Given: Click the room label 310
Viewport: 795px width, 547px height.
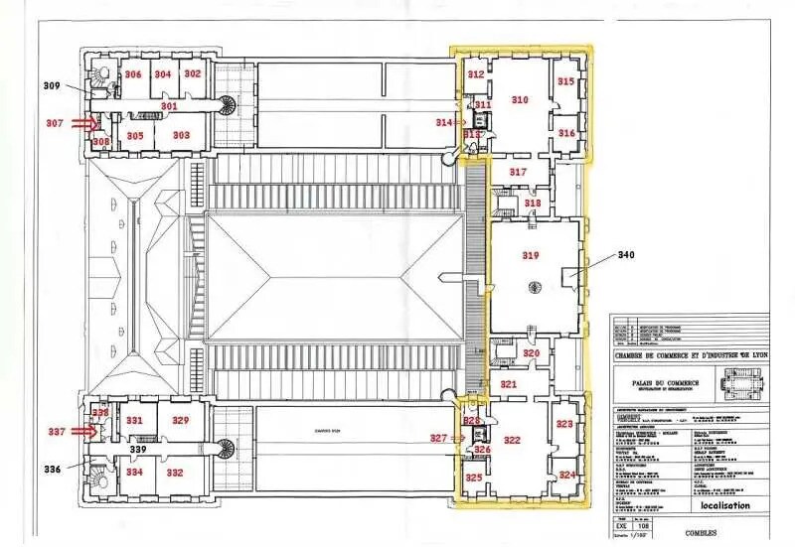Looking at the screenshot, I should (x=519, y=99).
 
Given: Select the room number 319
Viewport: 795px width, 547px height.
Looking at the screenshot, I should (x=531, y=256).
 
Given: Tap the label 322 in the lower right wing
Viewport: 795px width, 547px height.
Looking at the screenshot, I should (x=512, y=440).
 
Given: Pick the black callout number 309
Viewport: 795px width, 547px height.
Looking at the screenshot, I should (x=52, y=86).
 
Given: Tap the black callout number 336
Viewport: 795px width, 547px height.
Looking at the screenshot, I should (x=52, y=469).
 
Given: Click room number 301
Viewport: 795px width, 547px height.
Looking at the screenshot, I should (x=169, y=105).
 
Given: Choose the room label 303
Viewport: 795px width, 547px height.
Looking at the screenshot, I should (x=181, y=135).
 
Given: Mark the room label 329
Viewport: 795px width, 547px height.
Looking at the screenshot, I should (x=180, y=421).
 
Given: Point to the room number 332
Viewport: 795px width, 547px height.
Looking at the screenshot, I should (x=175, y=473).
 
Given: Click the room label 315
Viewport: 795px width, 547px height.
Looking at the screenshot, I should (x=565, y=81).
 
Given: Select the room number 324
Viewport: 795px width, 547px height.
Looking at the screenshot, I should (x=566, y=476).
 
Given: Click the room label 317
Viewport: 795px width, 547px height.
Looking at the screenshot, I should (x=518, y=173).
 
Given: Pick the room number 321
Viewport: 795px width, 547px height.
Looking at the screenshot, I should (x=508, y=384).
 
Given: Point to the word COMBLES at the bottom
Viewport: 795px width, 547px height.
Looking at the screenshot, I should (x=705, y=532).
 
